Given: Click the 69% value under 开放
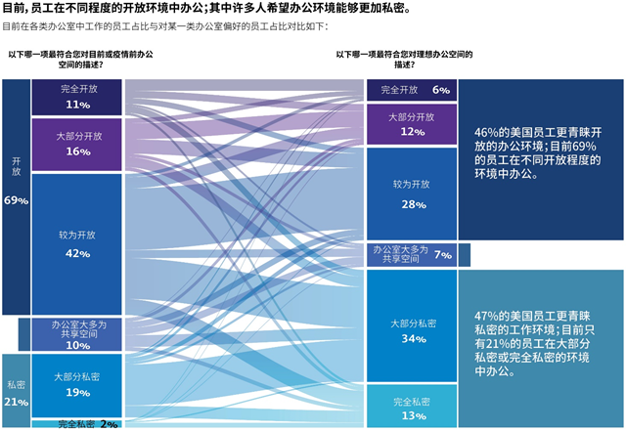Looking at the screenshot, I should coord(16,200).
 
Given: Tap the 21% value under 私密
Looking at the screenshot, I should coord(16,402).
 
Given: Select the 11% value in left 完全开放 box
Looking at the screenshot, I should coord(78,105).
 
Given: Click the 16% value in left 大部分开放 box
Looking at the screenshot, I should coord(78,151).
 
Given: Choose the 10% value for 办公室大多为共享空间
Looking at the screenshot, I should coord(78,345).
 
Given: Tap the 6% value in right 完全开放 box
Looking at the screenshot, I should coord(440,90).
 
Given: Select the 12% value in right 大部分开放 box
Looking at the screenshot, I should coord(412,131).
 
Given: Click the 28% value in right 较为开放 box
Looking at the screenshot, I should coord(412,204).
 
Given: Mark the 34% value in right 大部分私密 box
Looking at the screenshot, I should coord(412,338).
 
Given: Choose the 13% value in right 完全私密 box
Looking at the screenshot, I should coord(412,415).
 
